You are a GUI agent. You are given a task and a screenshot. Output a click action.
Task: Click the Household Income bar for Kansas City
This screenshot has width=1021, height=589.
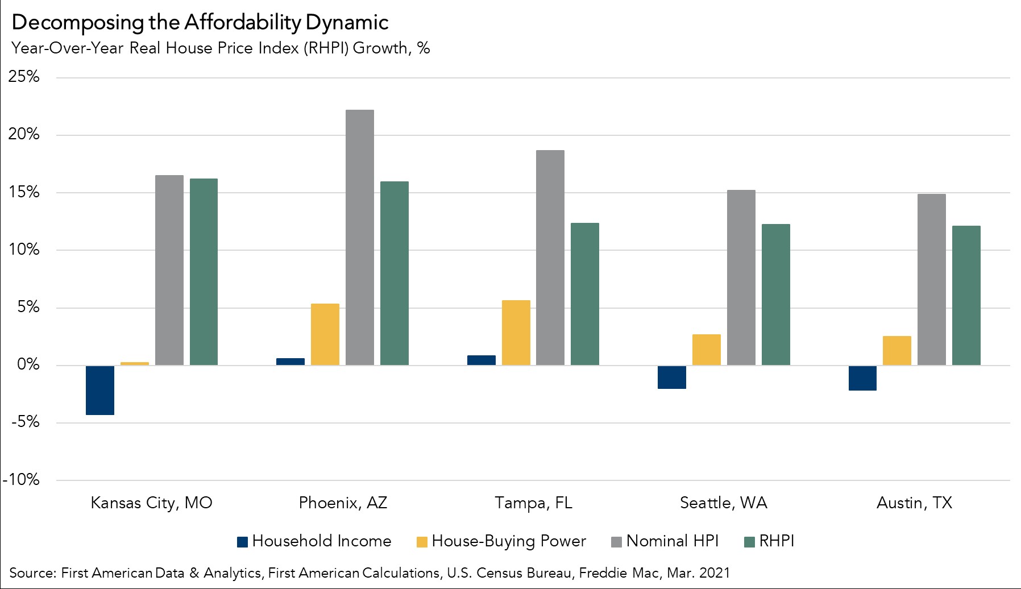100,390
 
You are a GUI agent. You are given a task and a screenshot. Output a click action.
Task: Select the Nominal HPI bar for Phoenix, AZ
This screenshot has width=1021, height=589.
360,238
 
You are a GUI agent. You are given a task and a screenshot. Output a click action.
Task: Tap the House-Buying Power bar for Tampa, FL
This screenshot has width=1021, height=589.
516,333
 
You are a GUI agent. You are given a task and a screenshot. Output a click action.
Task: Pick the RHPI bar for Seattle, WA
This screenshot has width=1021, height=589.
775,294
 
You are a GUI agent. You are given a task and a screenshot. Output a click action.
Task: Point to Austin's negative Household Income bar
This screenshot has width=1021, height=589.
862,378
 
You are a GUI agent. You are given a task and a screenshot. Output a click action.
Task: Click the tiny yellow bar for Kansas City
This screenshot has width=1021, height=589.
135,363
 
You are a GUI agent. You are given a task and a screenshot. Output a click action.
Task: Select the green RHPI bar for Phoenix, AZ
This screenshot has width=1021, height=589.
395,273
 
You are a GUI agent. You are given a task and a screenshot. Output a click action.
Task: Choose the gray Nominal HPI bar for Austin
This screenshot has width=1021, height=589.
931,280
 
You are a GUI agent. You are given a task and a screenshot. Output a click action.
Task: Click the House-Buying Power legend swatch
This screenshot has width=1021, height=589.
422,542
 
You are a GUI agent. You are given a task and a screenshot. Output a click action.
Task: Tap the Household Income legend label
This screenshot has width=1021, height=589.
321,541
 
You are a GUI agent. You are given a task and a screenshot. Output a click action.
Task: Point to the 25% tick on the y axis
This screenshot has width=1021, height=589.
24,77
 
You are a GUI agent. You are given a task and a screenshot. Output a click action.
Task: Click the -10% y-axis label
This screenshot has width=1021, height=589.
22,480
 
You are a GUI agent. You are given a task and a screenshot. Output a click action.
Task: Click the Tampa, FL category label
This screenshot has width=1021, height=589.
533,503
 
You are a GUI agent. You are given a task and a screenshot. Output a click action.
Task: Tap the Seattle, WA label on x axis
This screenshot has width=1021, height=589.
723,503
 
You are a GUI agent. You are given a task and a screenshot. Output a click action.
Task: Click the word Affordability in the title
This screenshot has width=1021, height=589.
242,23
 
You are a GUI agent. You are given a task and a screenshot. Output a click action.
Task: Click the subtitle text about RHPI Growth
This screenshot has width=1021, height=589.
221,48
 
